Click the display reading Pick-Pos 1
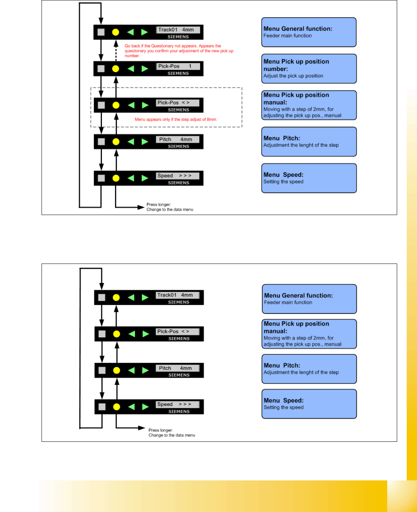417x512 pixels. pyautogui.click(x=178, y=66)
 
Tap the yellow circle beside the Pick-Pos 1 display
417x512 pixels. pyautogui.click(x=115, y=69)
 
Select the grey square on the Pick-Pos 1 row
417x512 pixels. pyautogui.click(x=101, y=69)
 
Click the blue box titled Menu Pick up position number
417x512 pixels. pyautogui.click(x=309, y=69)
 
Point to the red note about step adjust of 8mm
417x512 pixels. pyautogui.click(x=176, y=119)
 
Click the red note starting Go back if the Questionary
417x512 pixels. pyautogui.click(x=179, y=51)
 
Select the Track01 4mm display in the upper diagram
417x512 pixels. pyautogui.click(x=178, y=30)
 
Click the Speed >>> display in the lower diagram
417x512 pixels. pyautogui.click(x=178, y=404)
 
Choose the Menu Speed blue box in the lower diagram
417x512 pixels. pyautogui.click(x=309, y=404)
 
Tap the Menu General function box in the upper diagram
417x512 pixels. pyautogui.click(x=309, y=32)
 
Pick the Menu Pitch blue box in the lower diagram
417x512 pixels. pyautogui.click(x=309, y=369)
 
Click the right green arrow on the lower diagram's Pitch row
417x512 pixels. pyautogui.click(x=146, y=370)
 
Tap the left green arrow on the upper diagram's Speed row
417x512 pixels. pyautogui.click(x=131, y=178)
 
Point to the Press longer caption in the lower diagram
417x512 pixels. pyautogui.click(x=171, y=433)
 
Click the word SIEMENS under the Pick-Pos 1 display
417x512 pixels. pyautogui.click(x=178, y=74)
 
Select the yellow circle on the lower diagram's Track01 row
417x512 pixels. pyautogui.click(x=116, y=297)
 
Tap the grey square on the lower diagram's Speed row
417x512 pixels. pyautogui.click(x=102, y=407)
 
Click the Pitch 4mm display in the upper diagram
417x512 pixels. pyautogui.click(x=178, y=139)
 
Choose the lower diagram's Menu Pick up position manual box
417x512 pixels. pyautogui.click(x=309, y=334)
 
